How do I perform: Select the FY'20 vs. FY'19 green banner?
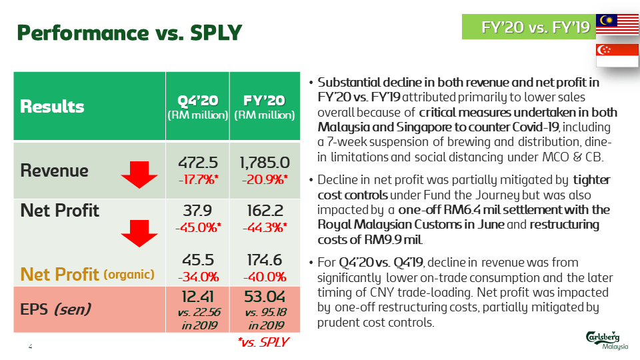tap(527, 27)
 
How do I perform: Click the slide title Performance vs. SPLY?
tap(129, 31)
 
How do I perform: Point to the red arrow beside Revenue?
tap(139, 177)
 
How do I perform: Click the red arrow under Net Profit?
tap(139, 233)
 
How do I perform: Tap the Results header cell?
tap(53, 106)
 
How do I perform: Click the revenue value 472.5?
tap(197, 163)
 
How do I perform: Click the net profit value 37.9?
tap(197, 211)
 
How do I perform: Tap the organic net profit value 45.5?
tap(197, 260)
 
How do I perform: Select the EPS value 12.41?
tap(197, 295)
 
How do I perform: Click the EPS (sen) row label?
tap(55, 309)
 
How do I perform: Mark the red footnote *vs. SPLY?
tap(263, 342)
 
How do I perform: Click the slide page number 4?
tap(30, 347)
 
